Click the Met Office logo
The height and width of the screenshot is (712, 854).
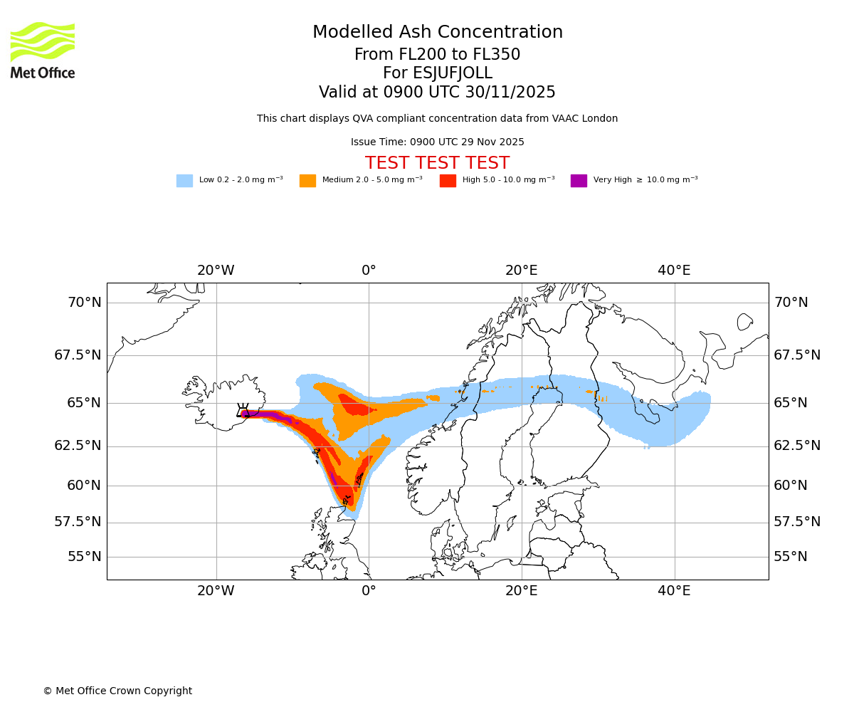43,50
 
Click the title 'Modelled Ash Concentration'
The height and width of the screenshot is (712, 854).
438,33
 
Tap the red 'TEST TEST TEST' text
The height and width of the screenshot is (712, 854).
437,163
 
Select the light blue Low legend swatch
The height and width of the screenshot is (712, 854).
184,181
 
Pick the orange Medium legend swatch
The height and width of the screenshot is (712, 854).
307,181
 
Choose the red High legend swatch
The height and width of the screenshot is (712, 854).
448,181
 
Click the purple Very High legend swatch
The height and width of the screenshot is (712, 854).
579,181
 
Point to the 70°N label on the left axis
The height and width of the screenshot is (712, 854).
84,303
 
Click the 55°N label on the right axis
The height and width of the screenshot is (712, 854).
791,557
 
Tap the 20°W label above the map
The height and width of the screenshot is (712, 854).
216,271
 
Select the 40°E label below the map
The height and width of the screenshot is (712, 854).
674,591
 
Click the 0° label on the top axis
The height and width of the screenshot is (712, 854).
369,271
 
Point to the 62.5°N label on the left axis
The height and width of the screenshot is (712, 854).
78,446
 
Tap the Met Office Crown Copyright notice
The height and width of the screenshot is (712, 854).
117,691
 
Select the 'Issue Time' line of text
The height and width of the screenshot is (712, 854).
437,142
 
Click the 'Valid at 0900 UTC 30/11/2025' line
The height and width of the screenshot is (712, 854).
437,93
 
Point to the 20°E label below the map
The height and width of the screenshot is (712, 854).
522,591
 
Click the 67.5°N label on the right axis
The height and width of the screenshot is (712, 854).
797,355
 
